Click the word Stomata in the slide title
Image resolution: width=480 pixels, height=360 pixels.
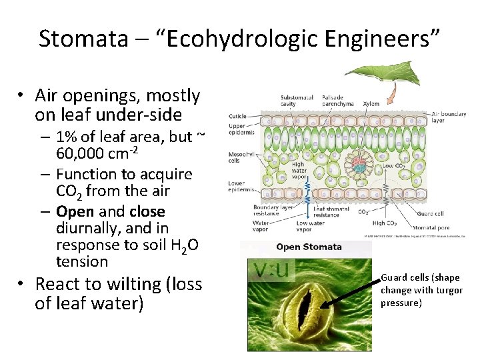(82, 39)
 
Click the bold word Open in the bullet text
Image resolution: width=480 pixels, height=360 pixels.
(75, 212)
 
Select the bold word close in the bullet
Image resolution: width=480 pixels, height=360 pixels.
(147, 212)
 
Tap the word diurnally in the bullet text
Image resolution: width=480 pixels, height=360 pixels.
(89, 229)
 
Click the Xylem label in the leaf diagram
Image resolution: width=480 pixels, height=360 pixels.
(371, 104)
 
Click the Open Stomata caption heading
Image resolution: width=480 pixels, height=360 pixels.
(309, 247)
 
